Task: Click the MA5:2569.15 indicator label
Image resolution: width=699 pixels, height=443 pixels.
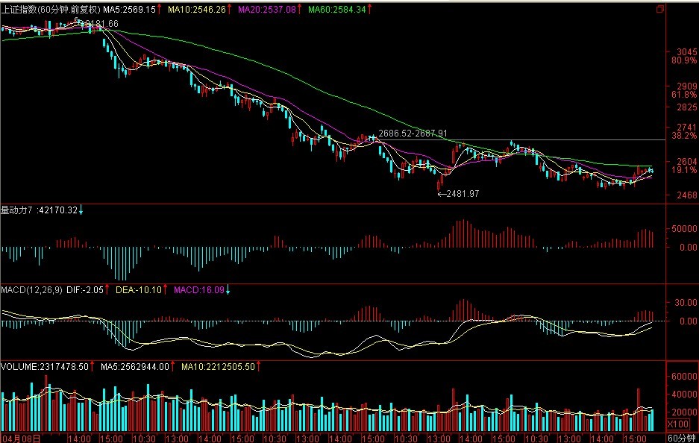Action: (129, 9)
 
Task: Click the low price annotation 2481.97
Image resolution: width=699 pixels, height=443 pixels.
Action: (461, 194)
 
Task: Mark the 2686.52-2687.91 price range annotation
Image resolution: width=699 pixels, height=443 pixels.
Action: (413, 133)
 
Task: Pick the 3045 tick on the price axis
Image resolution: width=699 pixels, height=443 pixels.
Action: (683, 51)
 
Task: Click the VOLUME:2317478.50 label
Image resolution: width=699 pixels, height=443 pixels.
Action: (44, 367)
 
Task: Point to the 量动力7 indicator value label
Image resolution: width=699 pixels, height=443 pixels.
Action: (39, 210)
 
